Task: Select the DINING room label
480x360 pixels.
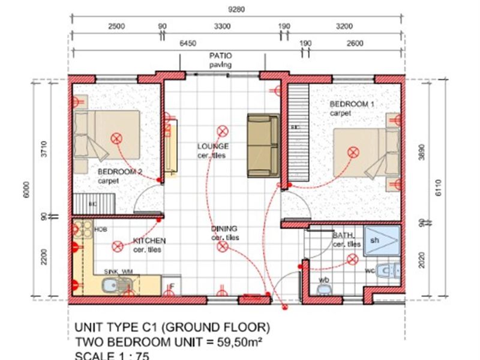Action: [x=224, y=229]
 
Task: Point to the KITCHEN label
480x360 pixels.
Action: [x=149, y=241]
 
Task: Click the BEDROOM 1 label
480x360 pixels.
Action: [x=352, y=104]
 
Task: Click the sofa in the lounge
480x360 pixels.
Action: [x=262, y=145]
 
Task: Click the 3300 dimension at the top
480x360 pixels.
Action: [x=223, y=26]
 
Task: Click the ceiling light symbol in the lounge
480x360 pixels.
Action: [x=222, y=129]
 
